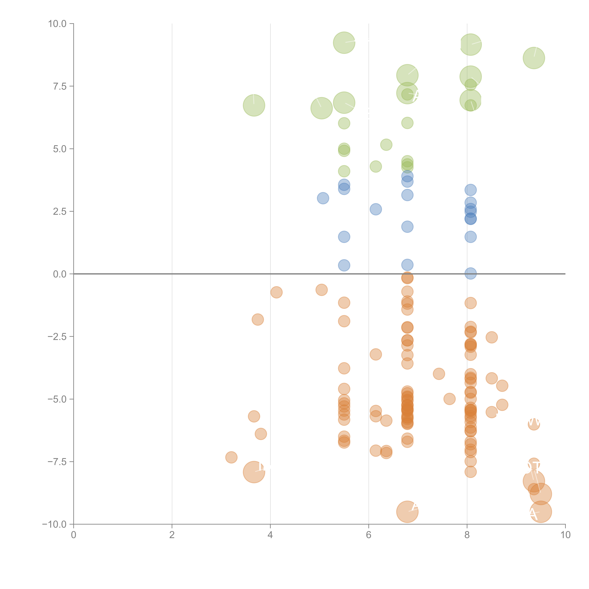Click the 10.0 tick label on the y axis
click(57, 24)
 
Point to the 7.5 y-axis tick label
click(60, 86)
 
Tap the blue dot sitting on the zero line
click(470, 273)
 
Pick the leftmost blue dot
click(323, 198)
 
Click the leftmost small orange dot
click(231, 457)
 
